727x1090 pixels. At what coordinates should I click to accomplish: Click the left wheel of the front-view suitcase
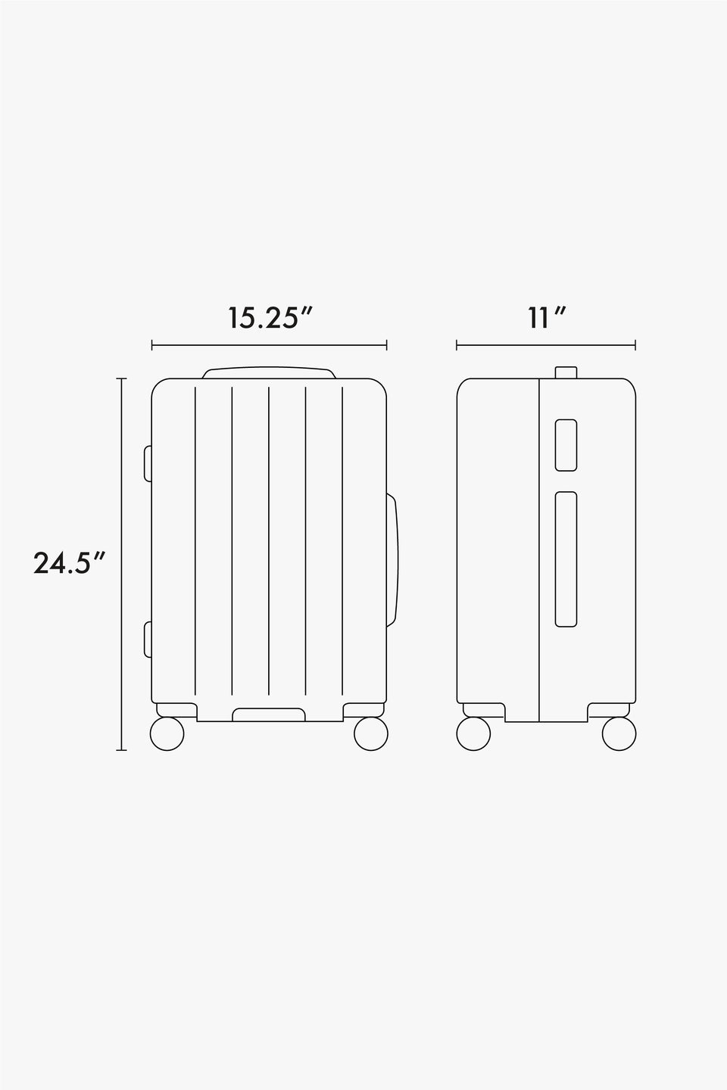click(167, 734)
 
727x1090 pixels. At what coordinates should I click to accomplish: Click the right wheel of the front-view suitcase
click(371, 734)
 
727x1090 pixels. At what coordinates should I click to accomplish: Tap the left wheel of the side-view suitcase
click(473, 734)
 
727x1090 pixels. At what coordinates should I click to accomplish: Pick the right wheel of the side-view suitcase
click(619, 734)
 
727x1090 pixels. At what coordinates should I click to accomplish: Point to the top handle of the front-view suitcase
click(269, 373)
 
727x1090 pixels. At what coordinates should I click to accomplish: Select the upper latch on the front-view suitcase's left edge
click(148, 462)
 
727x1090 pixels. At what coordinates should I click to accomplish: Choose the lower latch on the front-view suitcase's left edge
click(148, 640)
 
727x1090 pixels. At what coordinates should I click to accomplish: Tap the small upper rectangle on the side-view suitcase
click(566, 444)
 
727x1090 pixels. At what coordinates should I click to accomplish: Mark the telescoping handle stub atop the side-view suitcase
click(566, 372)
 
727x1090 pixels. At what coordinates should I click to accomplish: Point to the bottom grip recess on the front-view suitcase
click(269, 715)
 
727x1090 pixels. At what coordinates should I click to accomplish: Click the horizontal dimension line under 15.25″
click(269, 346)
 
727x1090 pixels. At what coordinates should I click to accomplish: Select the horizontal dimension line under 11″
click(545, 346)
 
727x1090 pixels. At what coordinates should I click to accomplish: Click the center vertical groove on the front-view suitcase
click(269, 541)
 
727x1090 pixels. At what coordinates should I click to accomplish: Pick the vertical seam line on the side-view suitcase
click(538, 549)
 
